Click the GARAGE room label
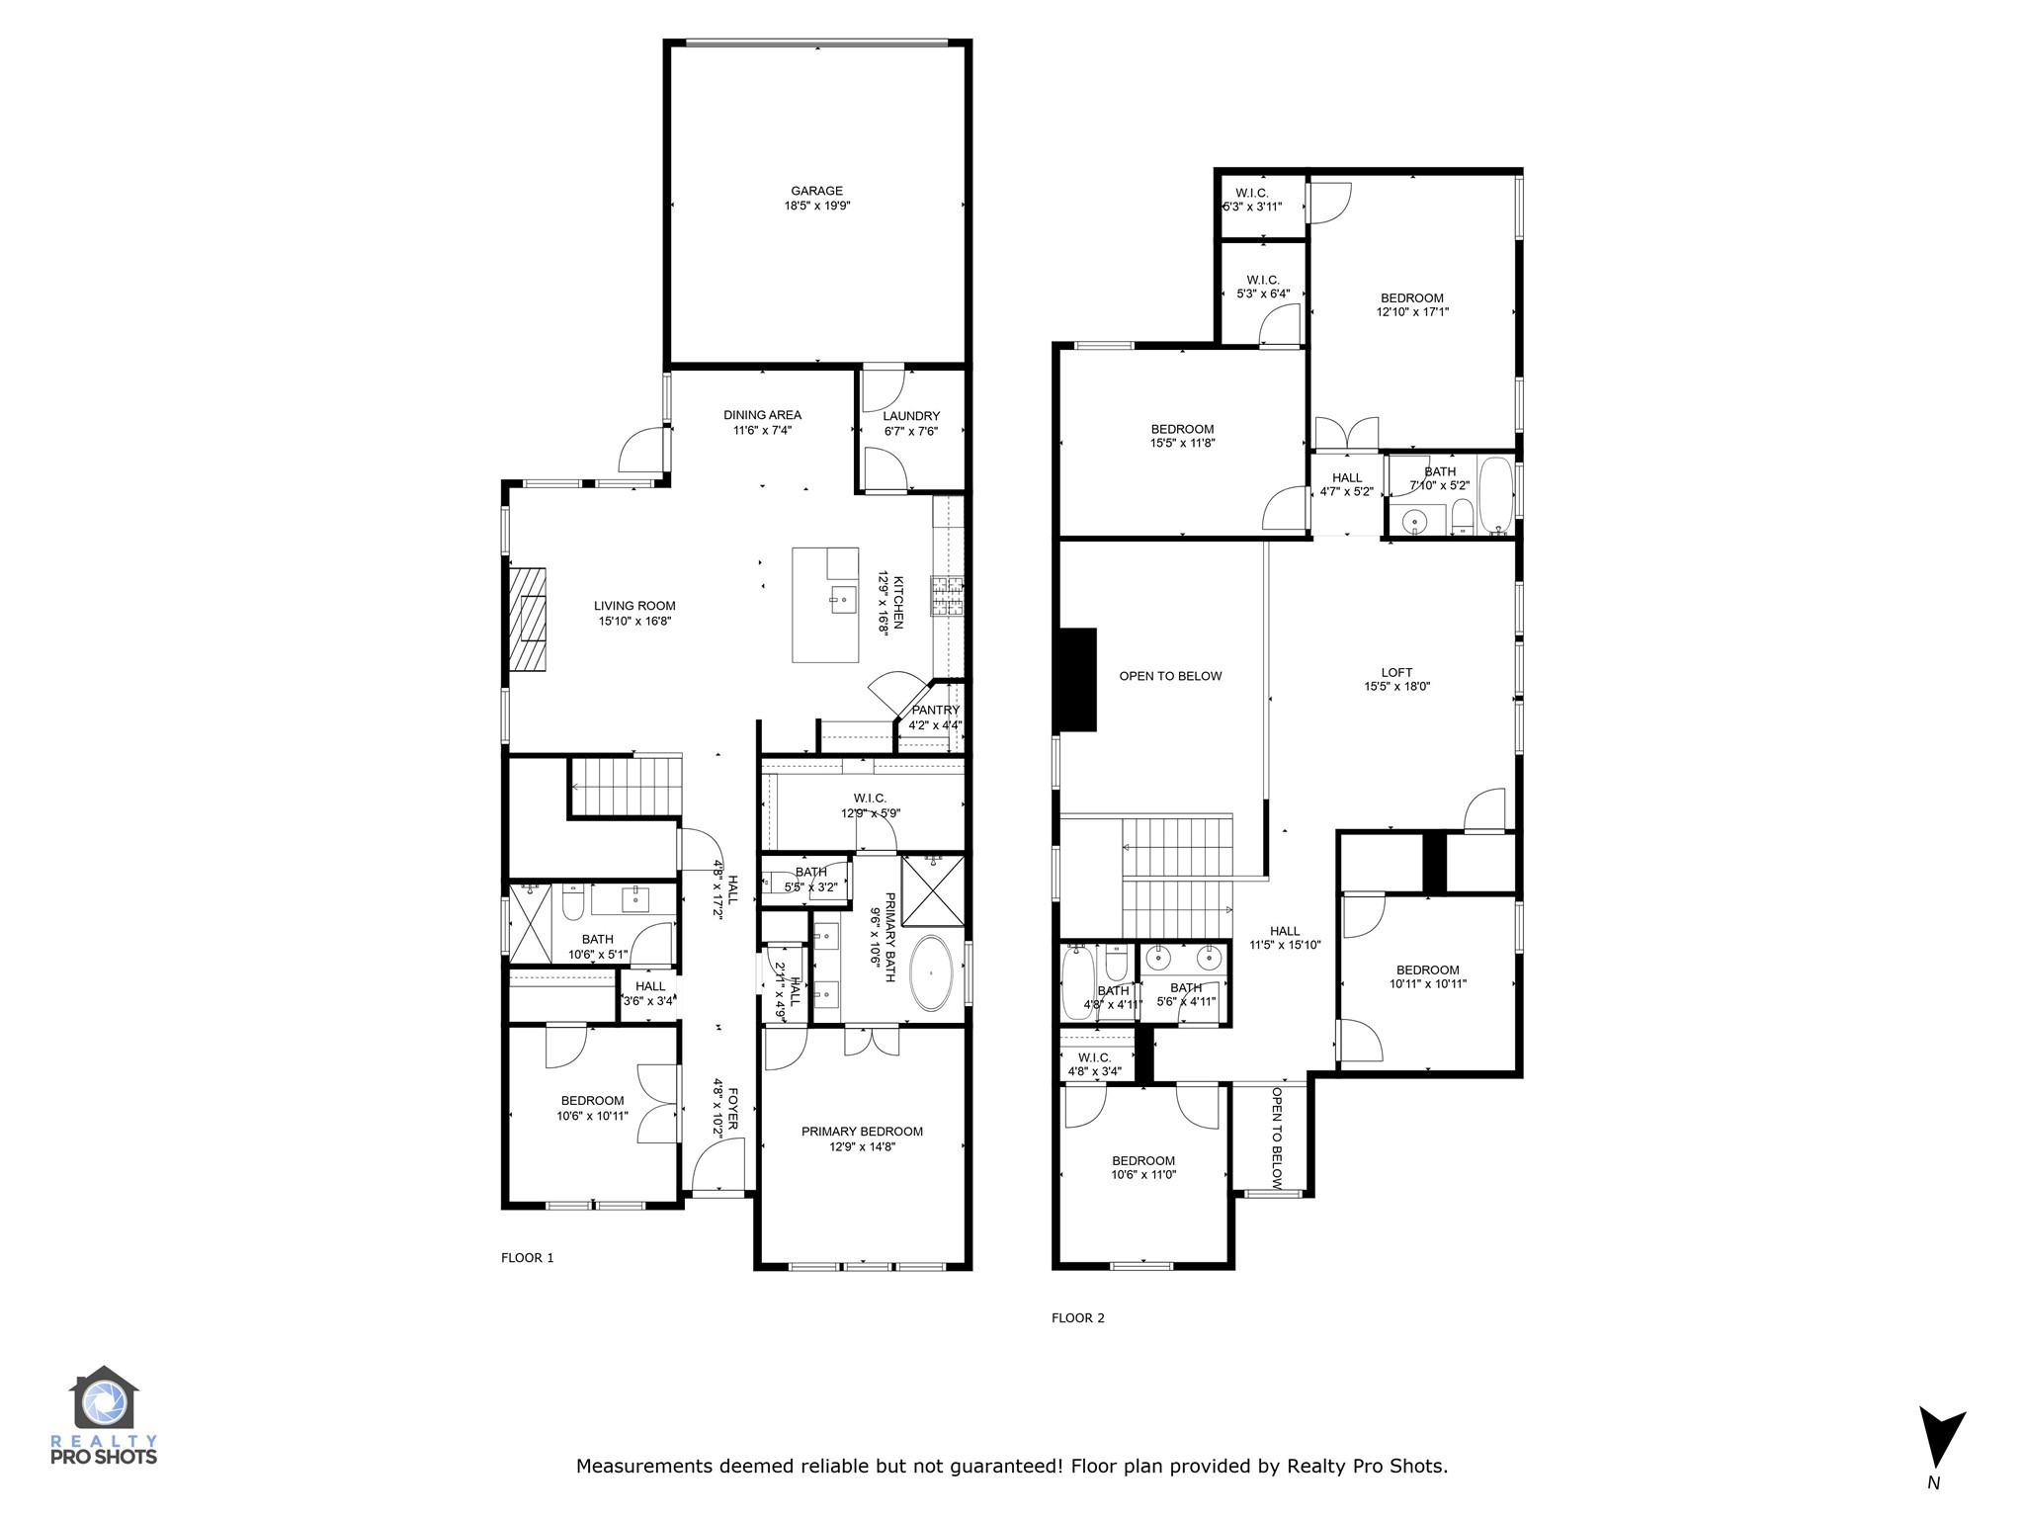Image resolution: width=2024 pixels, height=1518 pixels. point(816,192)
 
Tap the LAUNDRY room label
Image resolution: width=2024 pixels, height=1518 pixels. point(911,416)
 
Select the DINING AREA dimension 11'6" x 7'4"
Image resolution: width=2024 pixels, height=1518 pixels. point(762,430)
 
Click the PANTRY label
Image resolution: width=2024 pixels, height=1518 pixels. point(935,710)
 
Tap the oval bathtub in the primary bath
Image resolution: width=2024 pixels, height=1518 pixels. point(931,973)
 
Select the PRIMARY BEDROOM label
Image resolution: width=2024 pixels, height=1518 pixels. point(862,1132)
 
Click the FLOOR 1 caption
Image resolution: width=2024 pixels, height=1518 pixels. point(528,1258)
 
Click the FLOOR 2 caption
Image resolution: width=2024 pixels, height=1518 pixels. point(1078,1317)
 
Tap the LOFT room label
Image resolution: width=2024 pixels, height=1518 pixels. point(1396,672)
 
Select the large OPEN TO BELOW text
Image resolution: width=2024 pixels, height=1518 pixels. point(1170,676)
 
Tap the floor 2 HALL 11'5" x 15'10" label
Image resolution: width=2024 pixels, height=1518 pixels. point(1285,931)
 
